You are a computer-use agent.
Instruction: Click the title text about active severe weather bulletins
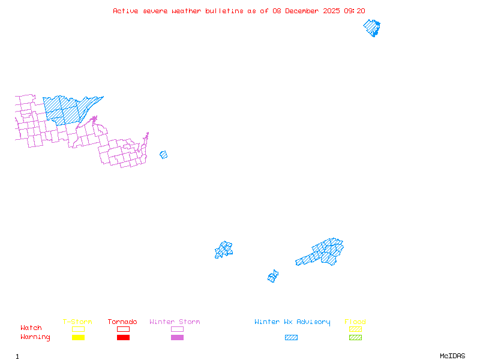click(239, 11)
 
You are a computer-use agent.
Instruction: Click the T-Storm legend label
click(77, 322)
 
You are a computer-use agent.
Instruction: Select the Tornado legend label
click(122, 322)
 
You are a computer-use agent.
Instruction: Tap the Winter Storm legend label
click(175, 322)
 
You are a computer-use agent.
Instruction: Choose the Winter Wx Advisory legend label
click(292, 322)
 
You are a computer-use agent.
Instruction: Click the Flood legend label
click(355, 322)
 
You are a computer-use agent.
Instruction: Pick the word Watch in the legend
click(31, 328)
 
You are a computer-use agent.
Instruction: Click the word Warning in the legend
click(35, 337)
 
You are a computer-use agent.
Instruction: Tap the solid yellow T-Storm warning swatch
click(78, 338)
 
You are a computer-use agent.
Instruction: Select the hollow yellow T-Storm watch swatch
click(78, 329)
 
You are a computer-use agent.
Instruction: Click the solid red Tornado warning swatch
click(123, 338)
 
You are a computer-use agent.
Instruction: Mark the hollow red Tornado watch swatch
click(123, 329)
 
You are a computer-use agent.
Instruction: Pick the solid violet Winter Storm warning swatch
click(177, 338)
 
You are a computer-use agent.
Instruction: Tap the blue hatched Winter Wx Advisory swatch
click(291, 338)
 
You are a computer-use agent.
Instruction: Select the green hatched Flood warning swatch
click(355, 338)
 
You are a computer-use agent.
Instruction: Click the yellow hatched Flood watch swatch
click(355, 329)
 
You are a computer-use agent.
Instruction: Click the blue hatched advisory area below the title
click(372, 28)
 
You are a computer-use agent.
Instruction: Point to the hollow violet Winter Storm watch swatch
click(177, 329)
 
